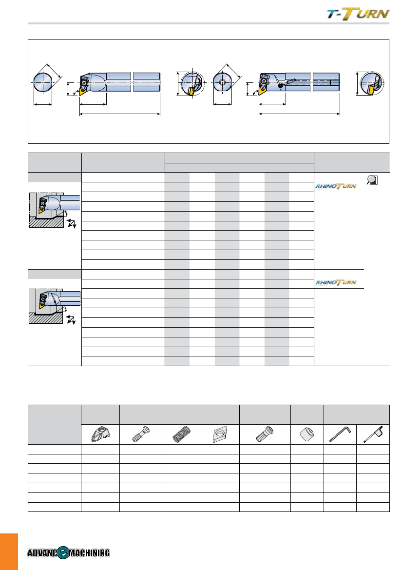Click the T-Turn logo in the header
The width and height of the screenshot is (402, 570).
pyautogui.click(x=358, y=14)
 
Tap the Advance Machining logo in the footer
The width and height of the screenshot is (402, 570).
pyautogui.click(x=69, y=552)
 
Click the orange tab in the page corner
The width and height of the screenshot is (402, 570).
pyautogui.click(x=9, y=551)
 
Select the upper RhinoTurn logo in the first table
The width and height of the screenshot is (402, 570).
pyautogui.click(x=336, y=186)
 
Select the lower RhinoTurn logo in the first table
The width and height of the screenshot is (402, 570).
pyautogui.click(x=336, y=282)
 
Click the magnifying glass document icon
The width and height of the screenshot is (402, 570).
pyautogui.click(x=372, y=179)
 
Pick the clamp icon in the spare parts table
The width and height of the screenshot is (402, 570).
pyautogui.click(x=100, y=434)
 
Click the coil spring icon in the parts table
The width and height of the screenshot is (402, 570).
pyautogui.click(x=181, y=434)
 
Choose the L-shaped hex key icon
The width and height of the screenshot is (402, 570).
pyautogui.click(x=340, y=434)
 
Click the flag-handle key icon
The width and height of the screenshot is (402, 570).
pyautogui.click(x=373, y=434)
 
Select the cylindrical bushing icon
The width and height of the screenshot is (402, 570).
pyautogui.click(x=307, y=434)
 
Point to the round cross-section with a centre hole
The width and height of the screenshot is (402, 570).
pyautogui.click(x=223, y=82)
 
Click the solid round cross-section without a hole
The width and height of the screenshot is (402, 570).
pyautogui.click(x=43, y=82)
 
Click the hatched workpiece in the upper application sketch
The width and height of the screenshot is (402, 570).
pyautogui.click(x=46, y=222)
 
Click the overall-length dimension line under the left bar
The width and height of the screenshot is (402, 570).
pyautogui.click(x=120, y=114)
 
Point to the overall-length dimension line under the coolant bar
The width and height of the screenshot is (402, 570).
pyautogui.click(x=299, y=114)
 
